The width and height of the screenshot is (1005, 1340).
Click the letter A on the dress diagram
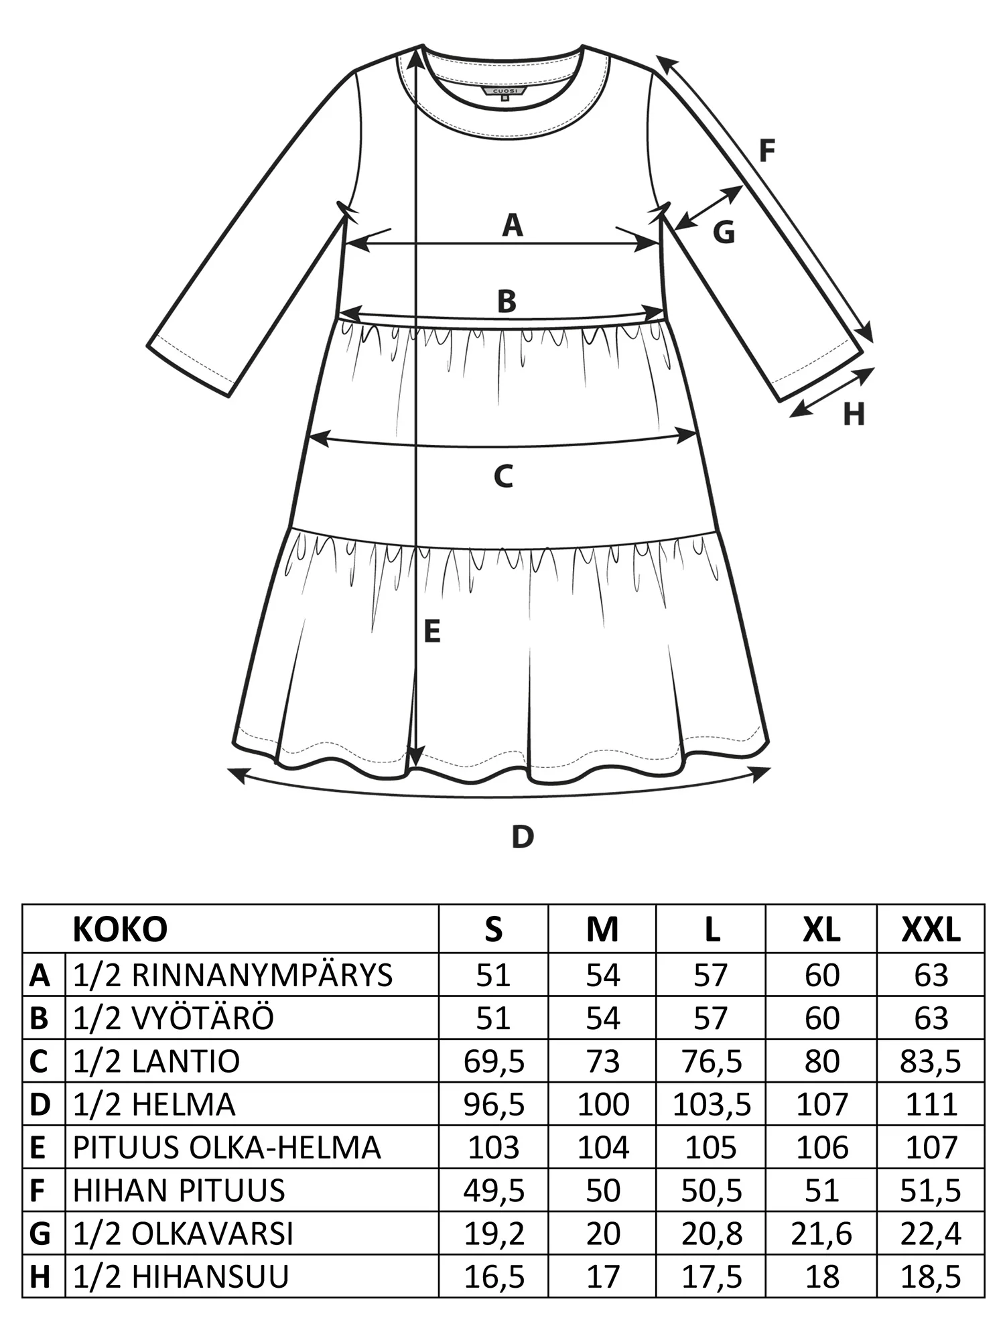tap(513, 226)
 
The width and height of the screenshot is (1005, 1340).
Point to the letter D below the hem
tap(523, 837)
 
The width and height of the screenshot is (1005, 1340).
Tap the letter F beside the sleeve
tap(766, 151)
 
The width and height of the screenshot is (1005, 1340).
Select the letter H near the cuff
tap(854, 415)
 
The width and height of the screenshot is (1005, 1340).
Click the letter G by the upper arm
tap(724, 232)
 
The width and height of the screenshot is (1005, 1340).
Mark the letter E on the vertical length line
tap(433, 632)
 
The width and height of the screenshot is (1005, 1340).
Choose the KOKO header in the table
tap(120, 929)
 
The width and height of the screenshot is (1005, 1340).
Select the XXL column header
tap(931, 929)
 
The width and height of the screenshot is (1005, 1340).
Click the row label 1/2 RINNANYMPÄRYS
tap(232, 975)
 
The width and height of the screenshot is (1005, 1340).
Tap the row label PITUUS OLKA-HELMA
tap(226, 1148)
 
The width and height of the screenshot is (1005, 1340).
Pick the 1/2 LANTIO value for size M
tap(602, 1061)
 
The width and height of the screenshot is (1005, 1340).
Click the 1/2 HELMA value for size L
tap(712, 1105)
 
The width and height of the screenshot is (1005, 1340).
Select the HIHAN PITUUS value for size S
tap(494, 1191)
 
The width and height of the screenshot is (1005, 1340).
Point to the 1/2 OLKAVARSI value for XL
tap(821, 1233)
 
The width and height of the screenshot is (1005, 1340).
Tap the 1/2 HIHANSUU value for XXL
tap(931, 1276)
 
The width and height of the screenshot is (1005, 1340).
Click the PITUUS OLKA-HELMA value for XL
tap(821, 1148)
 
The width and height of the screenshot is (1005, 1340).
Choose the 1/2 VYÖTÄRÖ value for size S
tap(494, 1018)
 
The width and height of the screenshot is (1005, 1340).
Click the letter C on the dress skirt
tap(503, 476)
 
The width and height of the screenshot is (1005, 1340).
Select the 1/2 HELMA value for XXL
tap(931, 1105)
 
